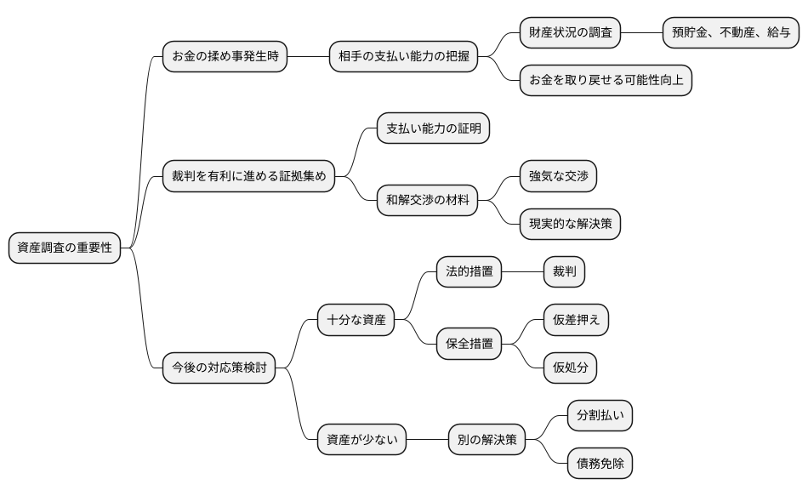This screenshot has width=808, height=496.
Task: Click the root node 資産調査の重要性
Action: [65, 248]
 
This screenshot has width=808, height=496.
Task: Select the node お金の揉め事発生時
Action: [224, 57]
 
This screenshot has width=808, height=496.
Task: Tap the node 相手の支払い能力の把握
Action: [403, 57]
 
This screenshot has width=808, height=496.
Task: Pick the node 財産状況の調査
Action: [570, 34]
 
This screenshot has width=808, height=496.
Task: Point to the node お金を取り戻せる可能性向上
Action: [606, 81]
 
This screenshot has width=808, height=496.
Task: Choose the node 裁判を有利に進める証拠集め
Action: [248, 177]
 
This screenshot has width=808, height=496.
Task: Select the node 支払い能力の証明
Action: [434, 129]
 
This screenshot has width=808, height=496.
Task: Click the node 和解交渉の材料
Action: [427, 201]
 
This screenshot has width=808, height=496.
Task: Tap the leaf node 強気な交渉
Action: [557, 177]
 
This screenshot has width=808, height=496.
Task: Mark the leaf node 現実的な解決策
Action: [569, 224]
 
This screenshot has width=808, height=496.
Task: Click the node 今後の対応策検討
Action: [219, 368]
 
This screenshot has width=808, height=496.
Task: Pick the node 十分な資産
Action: [356, 321]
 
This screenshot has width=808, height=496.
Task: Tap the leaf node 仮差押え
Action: [576, 321]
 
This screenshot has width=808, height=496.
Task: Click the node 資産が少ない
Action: [361, 441]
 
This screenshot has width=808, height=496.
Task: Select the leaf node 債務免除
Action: [600, 465]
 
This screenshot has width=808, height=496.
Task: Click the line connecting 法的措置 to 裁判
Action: [522, 272]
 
